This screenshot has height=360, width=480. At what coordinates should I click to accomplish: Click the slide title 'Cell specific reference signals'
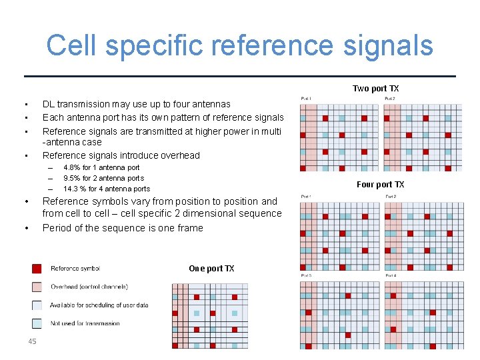240,45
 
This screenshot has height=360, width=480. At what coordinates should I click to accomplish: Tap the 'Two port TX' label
375,89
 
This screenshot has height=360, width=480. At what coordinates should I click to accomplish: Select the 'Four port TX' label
380,185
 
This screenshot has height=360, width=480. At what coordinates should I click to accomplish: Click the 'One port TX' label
211,269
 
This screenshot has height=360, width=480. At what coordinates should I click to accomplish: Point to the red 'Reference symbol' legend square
37,269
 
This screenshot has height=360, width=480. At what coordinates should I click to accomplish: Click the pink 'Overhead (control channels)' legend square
37,287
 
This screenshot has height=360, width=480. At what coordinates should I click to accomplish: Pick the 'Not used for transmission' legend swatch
37,323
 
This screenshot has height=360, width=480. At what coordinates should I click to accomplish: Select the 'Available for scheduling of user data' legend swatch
37,305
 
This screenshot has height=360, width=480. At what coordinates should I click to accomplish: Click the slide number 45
32,342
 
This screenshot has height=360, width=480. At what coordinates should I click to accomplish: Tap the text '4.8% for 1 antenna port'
101,167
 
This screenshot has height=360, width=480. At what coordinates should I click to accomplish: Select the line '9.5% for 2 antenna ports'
103,178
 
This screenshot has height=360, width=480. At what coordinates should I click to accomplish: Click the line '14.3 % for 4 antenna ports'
107,189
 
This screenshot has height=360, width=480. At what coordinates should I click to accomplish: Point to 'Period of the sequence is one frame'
123,228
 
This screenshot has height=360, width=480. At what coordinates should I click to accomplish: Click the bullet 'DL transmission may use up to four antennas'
136,104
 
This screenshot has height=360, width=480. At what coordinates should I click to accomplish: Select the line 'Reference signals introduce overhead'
121,155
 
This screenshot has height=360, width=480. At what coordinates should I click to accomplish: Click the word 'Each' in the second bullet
53,117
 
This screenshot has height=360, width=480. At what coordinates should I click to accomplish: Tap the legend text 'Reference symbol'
75,269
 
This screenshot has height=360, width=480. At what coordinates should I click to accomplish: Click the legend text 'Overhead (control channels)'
89,287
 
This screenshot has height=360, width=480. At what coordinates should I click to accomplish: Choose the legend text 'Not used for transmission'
85,323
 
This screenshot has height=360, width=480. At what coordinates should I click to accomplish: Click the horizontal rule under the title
240,76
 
